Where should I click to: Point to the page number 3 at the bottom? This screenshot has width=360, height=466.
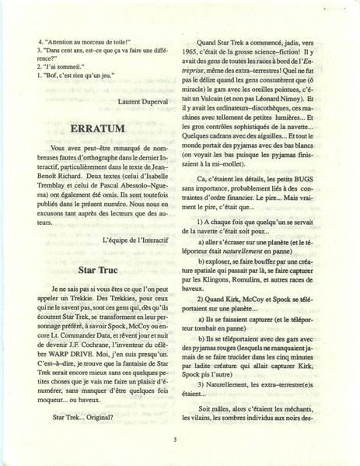click(177, 439)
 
